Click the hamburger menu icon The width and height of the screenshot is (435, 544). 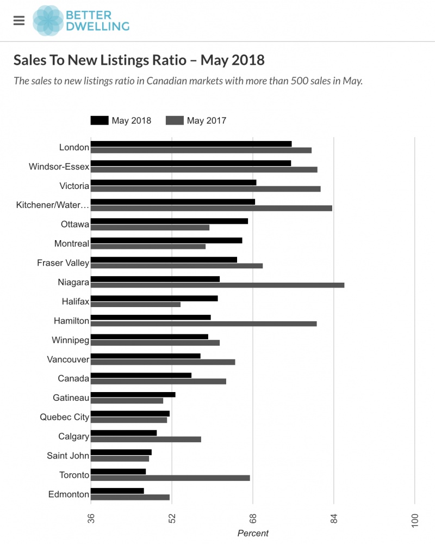19,20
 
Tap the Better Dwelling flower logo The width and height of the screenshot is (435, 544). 48,20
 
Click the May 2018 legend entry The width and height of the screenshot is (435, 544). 121,120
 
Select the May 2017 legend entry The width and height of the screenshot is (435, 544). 196,120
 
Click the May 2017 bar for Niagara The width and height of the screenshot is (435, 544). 217,285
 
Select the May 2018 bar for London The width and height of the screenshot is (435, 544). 191,144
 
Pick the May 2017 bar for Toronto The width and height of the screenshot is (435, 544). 170,478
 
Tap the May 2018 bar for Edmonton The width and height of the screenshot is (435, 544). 117,491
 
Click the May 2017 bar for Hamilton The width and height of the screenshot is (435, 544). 203,323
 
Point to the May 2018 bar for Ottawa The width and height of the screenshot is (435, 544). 169,221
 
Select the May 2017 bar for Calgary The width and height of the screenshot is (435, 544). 146,439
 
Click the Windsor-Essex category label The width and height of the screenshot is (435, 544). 59,167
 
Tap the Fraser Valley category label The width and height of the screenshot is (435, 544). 63,263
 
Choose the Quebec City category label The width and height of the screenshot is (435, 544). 64,417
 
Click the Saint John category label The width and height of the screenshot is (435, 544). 68,456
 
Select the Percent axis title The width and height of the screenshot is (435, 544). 253,534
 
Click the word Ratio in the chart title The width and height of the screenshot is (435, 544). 163,59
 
